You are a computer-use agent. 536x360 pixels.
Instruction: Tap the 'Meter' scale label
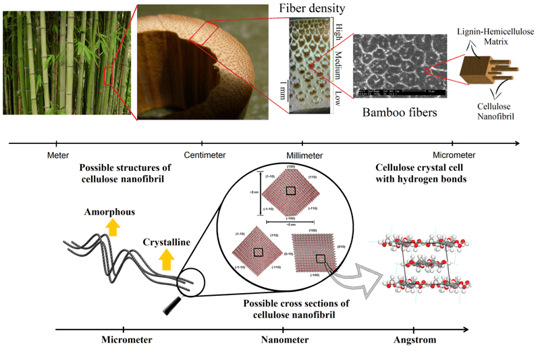click(x=57, y=155)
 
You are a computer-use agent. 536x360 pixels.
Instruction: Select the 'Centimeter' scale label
click(x=203, y=155)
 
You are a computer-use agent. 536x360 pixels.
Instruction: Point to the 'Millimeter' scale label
click(x=302, y=155)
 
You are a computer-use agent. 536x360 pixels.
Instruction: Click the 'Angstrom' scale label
click(x=414, y=340)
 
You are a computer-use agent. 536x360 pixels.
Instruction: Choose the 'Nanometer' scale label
click(x=285, y=340)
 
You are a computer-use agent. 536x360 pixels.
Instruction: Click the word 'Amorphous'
click(x=109, y=212)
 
